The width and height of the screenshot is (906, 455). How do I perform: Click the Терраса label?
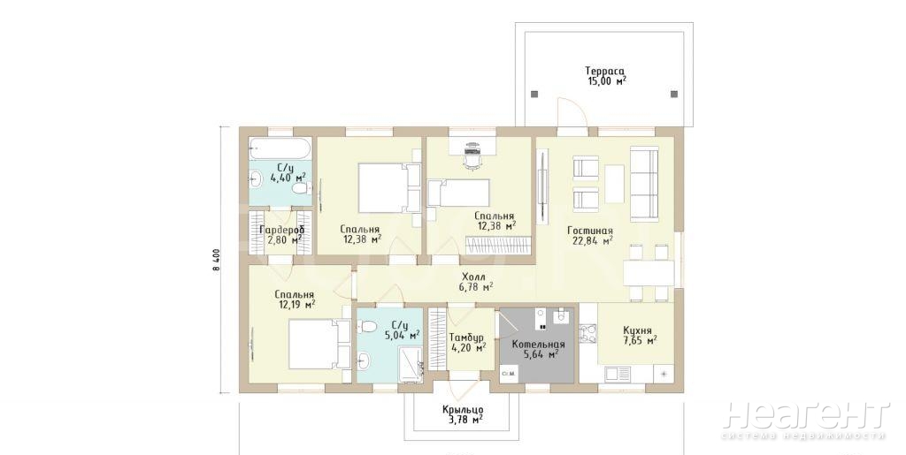604,71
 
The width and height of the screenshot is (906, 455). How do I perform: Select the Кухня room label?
637,330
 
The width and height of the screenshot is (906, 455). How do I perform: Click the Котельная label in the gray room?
538,345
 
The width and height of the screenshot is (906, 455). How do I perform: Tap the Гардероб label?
281,230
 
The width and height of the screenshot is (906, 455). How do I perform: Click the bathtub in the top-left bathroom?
280,148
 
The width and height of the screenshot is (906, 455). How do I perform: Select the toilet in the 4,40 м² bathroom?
299,188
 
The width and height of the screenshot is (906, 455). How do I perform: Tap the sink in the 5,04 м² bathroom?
364,361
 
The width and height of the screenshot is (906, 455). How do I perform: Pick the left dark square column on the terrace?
534,94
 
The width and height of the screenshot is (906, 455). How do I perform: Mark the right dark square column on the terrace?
672,94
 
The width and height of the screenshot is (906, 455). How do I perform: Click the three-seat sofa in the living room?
644,184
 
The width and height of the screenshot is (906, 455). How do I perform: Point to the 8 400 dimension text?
216,260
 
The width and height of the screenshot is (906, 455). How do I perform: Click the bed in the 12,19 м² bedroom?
319,345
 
